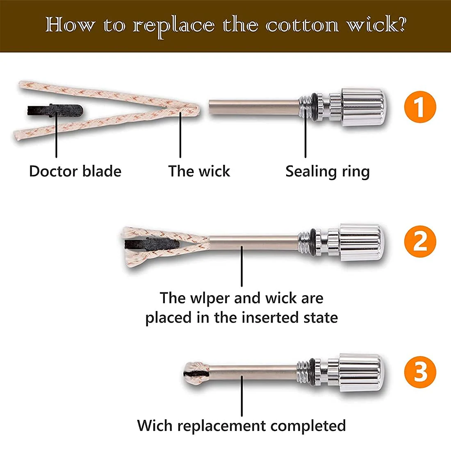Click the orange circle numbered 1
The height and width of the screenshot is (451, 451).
420,107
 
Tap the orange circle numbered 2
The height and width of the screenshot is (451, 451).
420,241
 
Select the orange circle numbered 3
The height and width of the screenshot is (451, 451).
420,371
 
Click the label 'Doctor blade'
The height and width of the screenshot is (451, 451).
75,171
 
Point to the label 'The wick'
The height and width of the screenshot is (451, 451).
199,171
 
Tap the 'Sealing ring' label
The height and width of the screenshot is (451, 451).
328,172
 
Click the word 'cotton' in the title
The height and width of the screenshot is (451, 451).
302,25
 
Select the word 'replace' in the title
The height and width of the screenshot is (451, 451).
174,27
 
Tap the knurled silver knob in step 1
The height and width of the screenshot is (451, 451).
364,107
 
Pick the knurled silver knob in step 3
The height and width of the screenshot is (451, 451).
361,372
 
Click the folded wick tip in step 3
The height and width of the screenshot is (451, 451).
196,374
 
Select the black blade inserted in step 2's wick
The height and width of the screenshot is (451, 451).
152,244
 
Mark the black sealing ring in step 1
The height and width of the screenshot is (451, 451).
314,107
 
